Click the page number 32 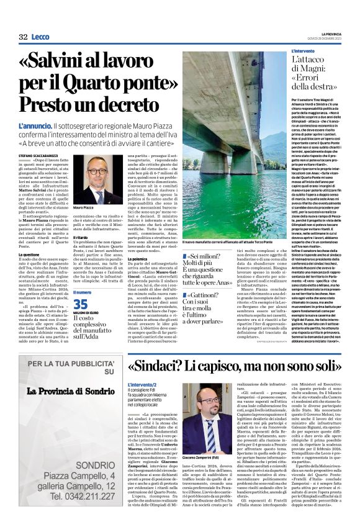[23, 37]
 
